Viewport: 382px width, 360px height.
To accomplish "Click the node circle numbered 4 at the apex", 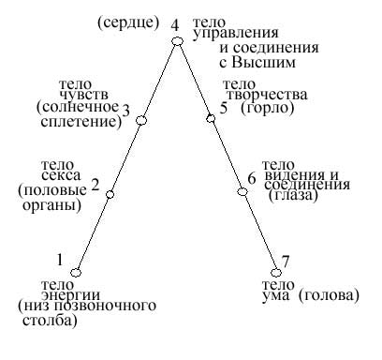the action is click(176, 40).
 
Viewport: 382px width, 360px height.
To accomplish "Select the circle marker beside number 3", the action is click(142, 120).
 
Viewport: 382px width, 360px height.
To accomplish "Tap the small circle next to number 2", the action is click(110, 194).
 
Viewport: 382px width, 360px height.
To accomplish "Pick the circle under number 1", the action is click(76, 272).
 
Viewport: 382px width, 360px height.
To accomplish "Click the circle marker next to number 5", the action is click(210, 118).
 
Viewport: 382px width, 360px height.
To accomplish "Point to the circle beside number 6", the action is click(242, 192).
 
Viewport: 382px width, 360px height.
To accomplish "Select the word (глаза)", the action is click(292, 196).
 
